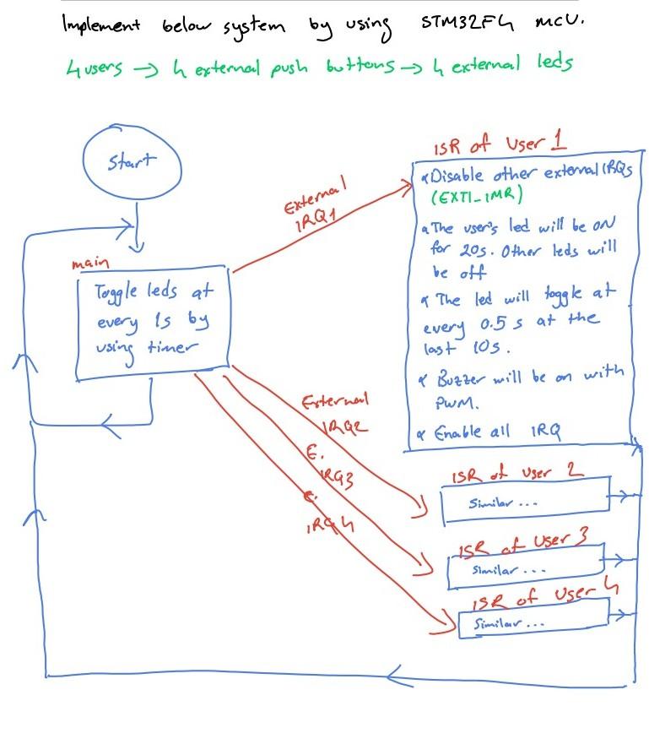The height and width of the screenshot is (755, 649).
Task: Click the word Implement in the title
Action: pos(100,25)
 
